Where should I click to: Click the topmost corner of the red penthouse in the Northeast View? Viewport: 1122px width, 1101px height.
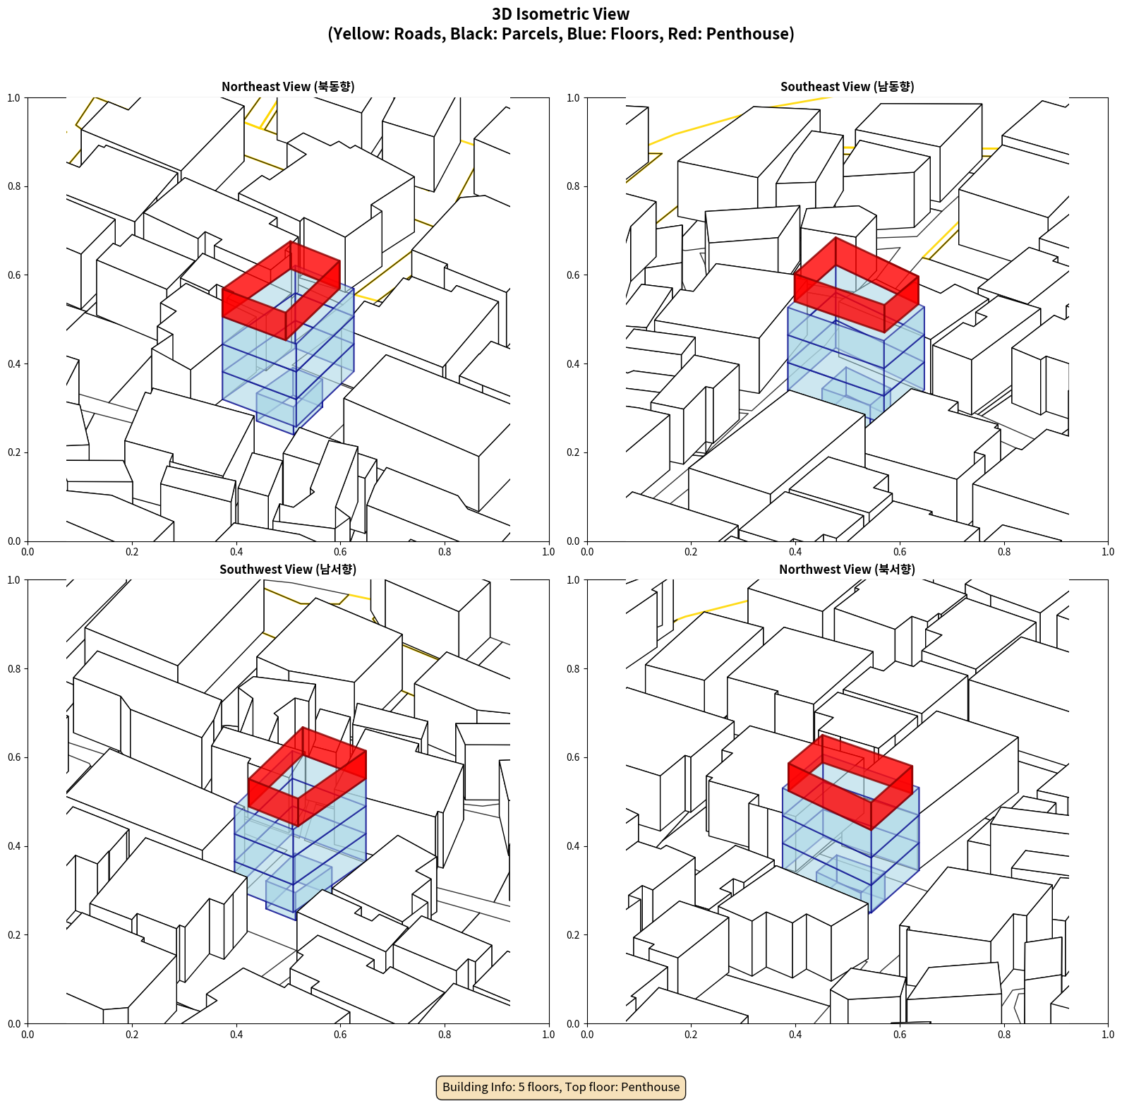pyautogui.click(x=290, y=241)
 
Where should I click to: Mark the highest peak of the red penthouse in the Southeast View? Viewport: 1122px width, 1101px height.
pyautogui.click(x=836, y=237)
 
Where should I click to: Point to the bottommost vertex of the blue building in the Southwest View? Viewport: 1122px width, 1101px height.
pyautogui.click(x=295, y=920)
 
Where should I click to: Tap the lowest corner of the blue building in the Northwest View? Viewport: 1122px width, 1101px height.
pyautogui.click(x=871, y=913)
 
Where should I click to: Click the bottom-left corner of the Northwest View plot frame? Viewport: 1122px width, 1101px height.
pyautogui.click(x=587, y=1023)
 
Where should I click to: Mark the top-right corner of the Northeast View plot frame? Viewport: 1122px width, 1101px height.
pyautogui.click(x=549, y=97)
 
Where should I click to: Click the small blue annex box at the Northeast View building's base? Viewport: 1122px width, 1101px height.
pyautogui.click(x=289, y=406)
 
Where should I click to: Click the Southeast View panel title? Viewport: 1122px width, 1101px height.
pyautogui.click(x=847, y=87)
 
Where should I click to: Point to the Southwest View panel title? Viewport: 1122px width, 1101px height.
pyautogui.click(x=288, y=570)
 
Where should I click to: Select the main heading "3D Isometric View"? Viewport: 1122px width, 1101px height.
pyautogui.click(x=561, y=14)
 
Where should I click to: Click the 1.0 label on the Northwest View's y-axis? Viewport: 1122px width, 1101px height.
pyautogui.click(x=574, y=580)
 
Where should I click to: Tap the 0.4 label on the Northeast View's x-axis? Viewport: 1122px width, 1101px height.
pyautogui.click(x=236, y=552)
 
